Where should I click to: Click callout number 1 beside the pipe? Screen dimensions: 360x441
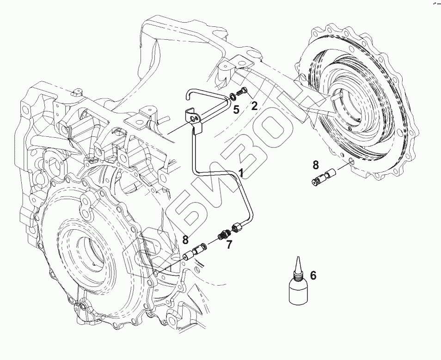click(x=241, y=174)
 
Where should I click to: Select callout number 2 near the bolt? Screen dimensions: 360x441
click(x=254, y=106)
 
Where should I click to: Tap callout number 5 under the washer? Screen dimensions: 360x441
click(x=236, y=110)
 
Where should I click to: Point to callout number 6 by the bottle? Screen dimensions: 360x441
click(x=313, y=276)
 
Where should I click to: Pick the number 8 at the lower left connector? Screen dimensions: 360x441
click(x=185, y=239)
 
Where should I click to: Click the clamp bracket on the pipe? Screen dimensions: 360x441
click(x=195, y=120)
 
